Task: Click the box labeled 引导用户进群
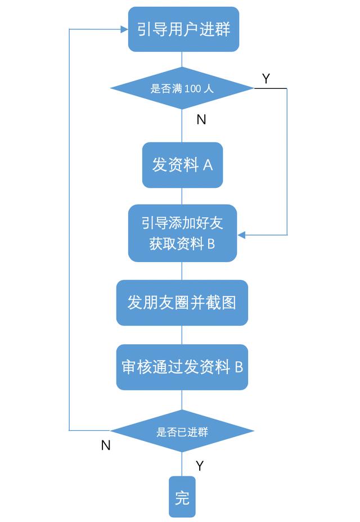pos(183,29)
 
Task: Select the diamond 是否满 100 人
pos(182,88)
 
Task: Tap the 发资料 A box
pos(182,165)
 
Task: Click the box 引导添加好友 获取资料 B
pos(182,233)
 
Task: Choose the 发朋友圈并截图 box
pos(182,303)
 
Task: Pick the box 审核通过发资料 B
pos(182,367)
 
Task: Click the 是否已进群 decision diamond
pos(182,431)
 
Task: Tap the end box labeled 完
pos(182,497)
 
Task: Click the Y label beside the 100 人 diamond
pos(265,79)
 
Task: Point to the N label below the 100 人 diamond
pos(201,119)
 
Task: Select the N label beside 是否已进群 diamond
pos(106,445)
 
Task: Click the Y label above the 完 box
pos(200,466)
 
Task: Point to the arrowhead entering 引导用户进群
pos(124,29)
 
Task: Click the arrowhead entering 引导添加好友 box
pos(241,235)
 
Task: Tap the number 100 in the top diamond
pos(193,88)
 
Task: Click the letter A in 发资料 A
pos(208,165)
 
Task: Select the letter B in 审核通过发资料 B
pos(238,367)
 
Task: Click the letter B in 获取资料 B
pos(211,244)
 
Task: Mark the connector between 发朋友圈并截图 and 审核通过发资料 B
pos(182,335)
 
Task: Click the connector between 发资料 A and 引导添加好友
pos(182,196)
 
